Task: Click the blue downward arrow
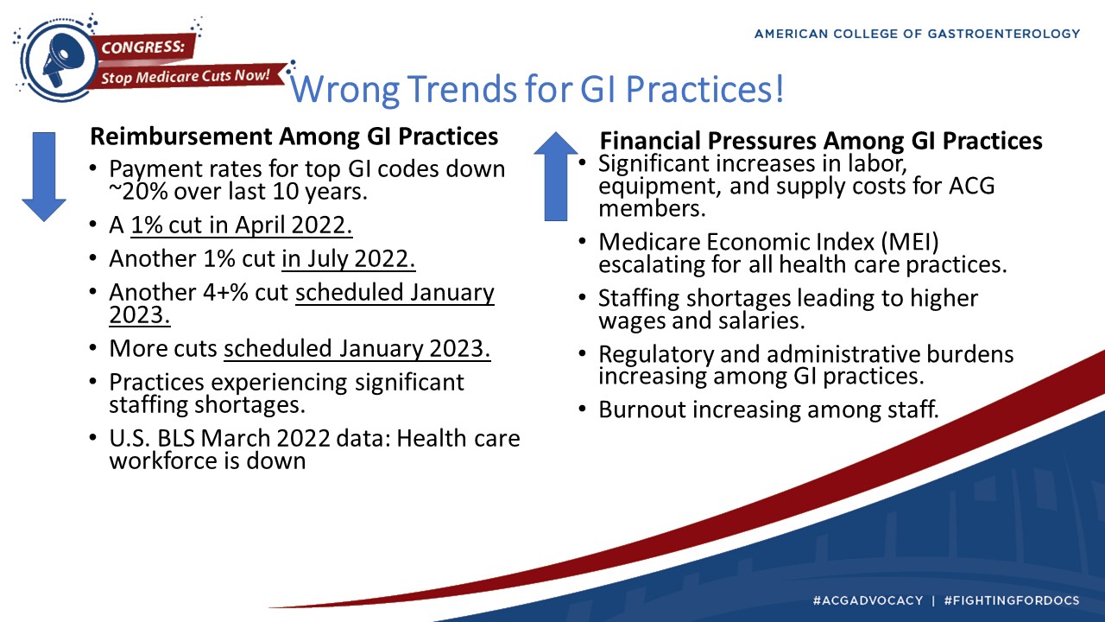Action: click(44, 176)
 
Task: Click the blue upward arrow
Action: click(556, 176)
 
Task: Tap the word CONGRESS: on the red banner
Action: click(143, 48)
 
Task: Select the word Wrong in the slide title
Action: click(344, 89)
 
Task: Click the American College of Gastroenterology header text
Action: click(918, 34)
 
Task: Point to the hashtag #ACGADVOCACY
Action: click(868, 600)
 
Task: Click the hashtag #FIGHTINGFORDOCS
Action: click(1012, 600)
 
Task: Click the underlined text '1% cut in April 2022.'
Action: click(241, 225)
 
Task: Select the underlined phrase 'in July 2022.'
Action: click(348, 259)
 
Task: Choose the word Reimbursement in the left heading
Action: click(181, 136)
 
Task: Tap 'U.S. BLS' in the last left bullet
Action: click(152, 438)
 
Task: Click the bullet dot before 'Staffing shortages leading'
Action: click(583, 298)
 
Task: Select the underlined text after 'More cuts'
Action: click(357, 349)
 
